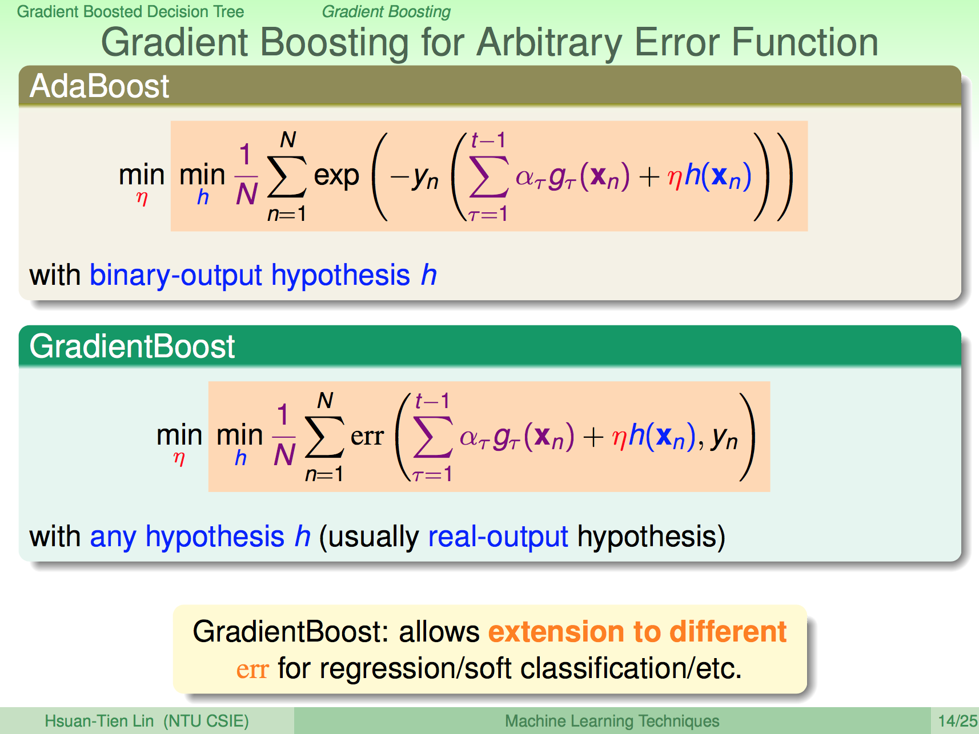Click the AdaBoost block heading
tap(99, 86)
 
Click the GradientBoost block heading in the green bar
tap(132, 346)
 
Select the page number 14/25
tap(958, 721)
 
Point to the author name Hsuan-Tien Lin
tap(99, 721)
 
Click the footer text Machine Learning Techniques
tap(612, 721)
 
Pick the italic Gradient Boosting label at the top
tap(386, 11)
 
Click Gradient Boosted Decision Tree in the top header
tap(130, 11)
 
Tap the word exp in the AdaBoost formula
tap(336, 176)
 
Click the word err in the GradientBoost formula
tap(367, 437)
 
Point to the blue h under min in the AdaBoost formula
tap(203, 197)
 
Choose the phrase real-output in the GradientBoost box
tap(498, 537)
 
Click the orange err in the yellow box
tap(252, 669)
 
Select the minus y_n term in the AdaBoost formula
tap(415, 178)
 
